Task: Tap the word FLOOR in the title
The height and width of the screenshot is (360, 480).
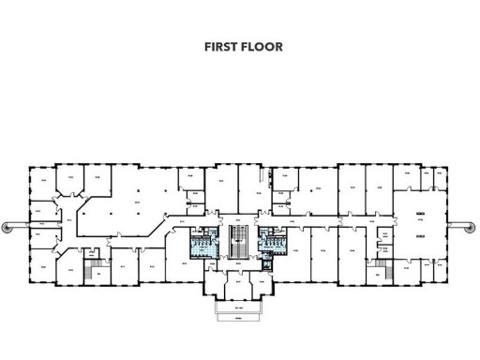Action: click(x=263, y=47)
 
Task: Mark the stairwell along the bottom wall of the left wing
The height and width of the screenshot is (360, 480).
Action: click(x=93, y=272)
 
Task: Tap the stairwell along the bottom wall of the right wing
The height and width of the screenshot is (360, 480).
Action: click(x=379, y=272)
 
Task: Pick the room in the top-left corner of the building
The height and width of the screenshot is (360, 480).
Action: click(x=41, y=181)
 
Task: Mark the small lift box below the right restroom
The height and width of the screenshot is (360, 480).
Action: click(x=267, y=262)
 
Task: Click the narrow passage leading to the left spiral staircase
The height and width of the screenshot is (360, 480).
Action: click(x=22, y=225)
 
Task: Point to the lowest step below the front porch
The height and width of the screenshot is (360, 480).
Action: click(x=239, y=317)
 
